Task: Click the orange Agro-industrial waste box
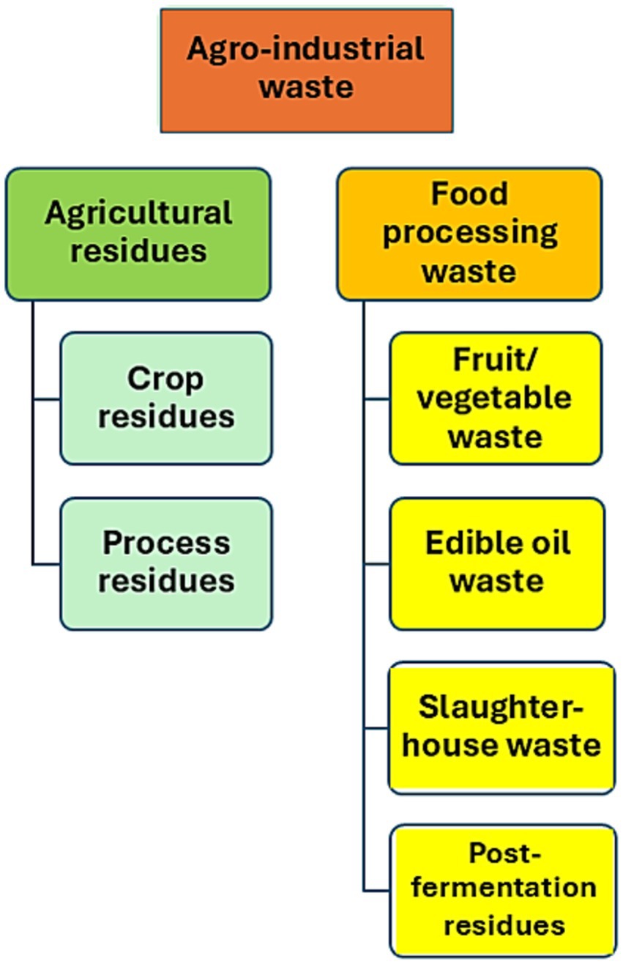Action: click(x=306, y=70)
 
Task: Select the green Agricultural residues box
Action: click(x=138, y=234)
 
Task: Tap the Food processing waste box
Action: click(x=469, y=234)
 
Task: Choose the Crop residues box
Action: click(x=166, y=398)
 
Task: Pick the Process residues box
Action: click(x=166, y=563)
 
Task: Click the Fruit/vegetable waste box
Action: click(x=496, y=398)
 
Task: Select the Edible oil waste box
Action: click(x=497, y=563)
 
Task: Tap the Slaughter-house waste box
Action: click(x=501, y=727)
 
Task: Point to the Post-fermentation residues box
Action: click(x=503, y=890)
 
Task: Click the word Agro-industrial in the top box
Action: click(x=305, y=50)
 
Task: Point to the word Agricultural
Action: click(x=138, y=213)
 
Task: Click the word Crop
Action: click(x=165, y=379)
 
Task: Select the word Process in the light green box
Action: click(x=166, y=544)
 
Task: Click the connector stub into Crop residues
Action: click(x=46, y=399)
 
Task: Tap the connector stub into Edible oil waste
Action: click(x=376, y=564)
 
